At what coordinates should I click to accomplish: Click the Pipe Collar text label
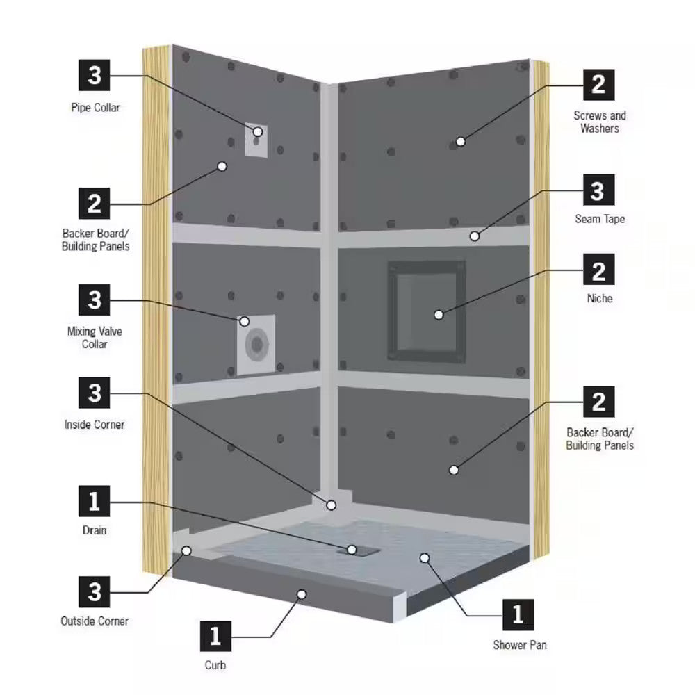click(x=95, y=108)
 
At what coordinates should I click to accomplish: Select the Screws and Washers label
click(x=599, y=122)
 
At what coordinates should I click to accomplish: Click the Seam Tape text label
click(x=599, y=219)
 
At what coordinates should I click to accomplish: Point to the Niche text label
click(x=599, y=299)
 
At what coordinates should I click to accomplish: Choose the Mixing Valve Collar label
click(x=95, y=337)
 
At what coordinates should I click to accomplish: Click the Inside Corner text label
click(x=95, y=424)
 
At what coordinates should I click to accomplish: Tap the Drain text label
click(x=95, y=530)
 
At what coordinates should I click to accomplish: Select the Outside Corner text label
click(x=95, y=621)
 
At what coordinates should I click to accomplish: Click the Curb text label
click(x=215, y=665)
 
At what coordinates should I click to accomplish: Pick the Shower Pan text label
click(x=520, y=645)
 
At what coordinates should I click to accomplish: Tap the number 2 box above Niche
click(x=598, y=270)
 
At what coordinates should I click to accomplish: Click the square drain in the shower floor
click(x=361, y=549)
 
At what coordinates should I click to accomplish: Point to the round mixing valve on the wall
click(x=258, y=344)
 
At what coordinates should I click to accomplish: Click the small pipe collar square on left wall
click(x=256, y=139)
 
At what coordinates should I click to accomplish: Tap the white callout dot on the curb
click(x=302, y=594)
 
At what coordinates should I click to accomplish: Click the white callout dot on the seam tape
click(x=474, y=236)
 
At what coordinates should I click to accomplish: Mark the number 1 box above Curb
click(x=215, y=635)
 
